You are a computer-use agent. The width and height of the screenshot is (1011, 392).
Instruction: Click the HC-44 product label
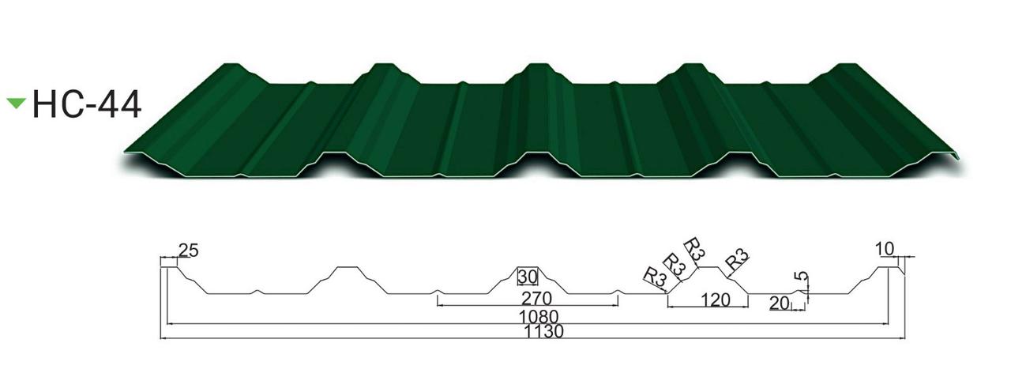coord(87,104)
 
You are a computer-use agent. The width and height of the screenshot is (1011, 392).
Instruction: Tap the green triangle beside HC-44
coord(17,103)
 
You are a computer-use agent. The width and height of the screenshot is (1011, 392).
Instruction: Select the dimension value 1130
coord(544,332)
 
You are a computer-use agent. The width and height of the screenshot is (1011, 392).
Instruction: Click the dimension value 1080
coord(539,316)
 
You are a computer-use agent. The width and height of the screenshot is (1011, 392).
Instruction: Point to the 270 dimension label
coord(536,299)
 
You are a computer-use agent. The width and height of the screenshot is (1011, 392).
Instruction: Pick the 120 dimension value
coord(715,300)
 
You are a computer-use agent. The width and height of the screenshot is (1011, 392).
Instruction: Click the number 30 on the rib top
coord(527,277)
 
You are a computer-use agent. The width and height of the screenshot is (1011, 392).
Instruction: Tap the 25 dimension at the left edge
coord(189,251)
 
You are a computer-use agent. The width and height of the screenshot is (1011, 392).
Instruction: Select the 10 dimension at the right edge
coord(885,249)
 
